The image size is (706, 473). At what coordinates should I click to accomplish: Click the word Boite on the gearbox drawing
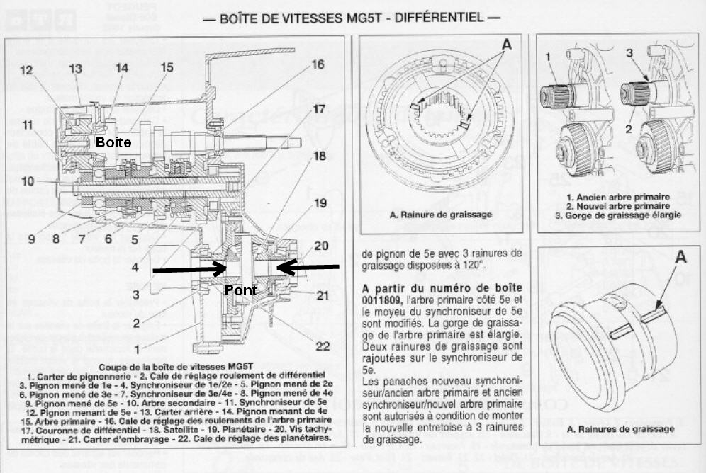coord(114,142)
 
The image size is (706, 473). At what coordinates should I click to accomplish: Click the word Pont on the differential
coord(240,290)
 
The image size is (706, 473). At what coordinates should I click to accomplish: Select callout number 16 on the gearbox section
coord(317,64)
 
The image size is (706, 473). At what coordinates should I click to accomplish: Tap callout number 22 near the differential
coord(323,346)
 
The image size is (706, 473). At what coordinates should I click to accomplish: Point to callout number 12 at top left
coord(27,70)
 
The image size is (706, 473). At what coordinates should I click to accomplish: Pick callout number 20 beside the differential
coord(322,246)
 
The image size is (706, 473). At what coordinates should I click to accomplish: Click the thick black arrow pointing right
coord(188,269)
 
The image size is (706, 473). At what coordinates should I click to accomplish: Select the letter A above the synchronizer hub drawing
coord(506,43)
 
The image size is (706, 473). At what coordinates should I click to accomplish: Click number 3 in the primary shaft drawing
coord(629,54)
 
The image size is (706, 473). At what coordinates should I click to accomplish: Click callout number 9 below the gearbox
coord(31,239)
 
